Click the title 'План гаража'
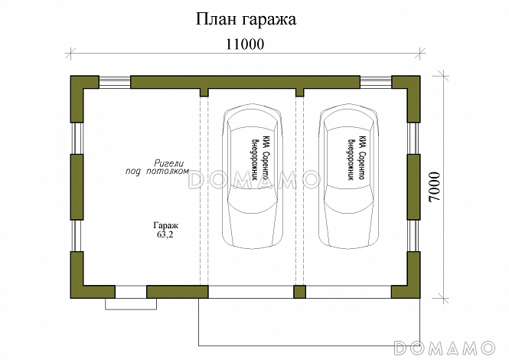244,18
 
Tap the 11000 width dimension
245,44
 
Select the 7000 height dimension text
434,186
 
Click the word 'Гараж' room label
165,226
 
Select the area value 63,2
165,236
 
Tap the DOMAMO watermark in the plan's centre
253,180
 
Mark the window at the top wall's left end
115,80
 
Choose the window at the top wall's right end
376,80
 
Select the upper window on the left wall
77,139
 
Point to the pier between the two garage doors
300,292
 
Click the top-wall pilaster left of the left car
204,93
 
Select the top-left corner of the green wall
77,82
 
